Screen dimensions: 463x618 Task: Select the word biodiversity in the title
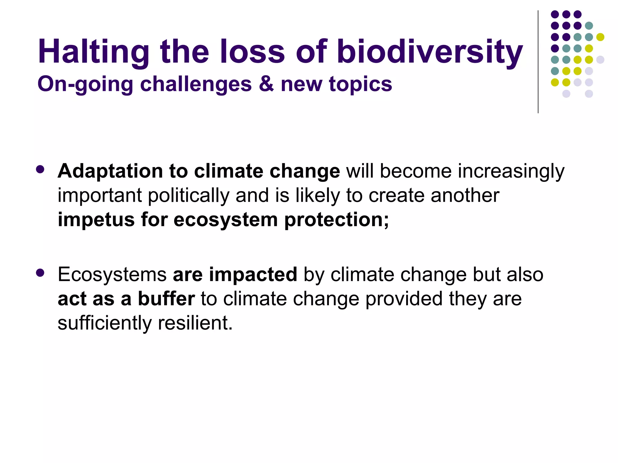pyautogui.click(x=429, y=52)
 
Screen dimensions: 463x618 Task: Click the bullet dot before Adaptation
pyautogui.click(x=40, y=169)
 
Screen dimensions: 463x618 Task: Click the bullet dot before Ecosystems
pyautogui.click(x=40, y=273)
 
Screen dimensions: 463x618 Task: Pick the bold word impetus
pyautogui.click(x=96, y=220)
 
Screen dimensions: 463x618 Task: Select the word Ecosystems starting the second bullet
pyautogui.click(x=112, y=274)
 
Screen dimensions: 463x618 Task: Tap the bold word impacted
pyautogui.click(x=253, y=274)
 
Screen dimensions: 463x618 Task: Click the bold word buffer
pyautogui.click(x=166, y=299)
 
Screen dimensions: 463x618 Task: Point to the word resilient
pyautogui.click(x=195, y=323)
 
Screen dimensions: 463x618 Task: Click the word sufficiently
pyautogui.click(x=105, y=323)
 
